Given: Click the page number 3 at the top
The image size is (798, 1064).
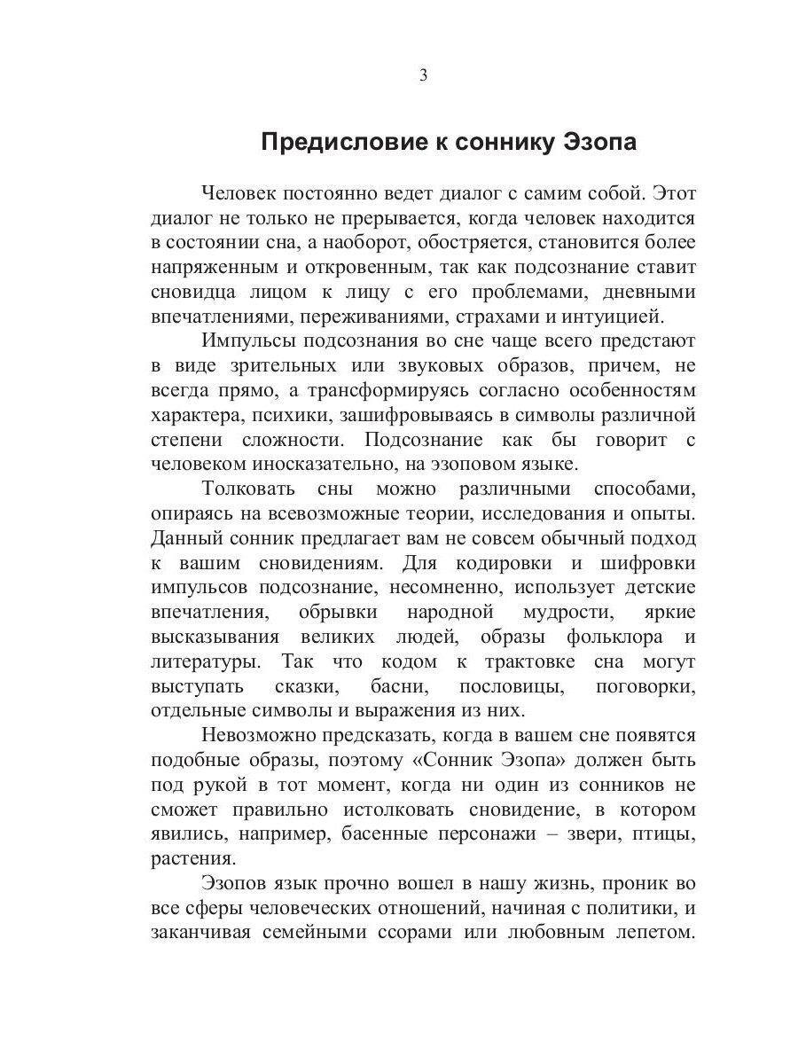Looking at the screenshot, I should [x=423, y=75].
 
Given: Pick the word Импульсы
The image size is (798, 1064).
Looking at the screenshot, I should [x=249, y=340].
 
